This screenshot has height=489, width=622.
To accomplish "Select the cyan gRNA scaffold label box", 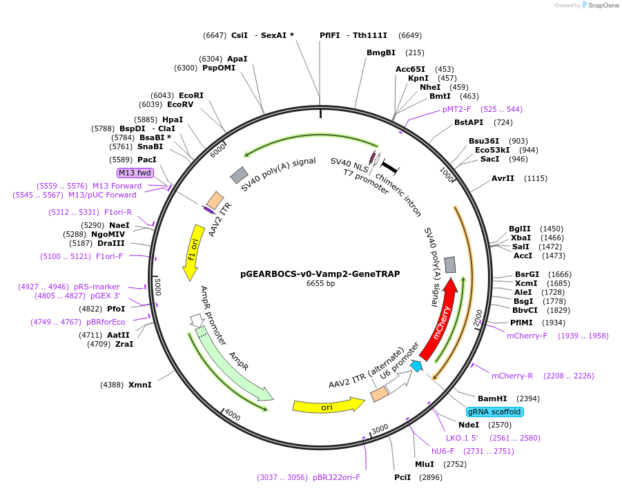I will [494, 412].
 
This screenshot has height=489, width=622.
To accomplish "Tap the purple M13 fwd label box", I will [135, 173].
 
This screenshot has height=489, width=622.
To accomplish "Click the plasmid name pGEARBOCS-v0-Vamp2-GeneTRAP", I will [320, 274].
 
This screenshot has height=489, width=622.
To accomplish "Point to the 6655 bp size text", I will [320, 283].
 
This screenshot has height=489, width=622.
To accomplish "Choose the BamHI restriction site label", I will [492, 399].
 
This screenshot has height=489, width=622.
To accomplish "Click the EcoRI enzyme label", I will [191, 95].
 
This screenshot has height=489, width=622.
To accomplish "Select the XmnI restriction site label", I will [140, 384].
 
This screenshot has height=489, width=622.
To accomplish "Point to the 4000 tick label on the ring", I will [232, 415].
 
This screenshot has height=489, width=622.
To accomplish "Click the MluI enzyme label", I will [425, 464].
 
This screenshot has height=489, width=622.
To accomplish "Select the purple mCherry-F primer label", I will [527, 336].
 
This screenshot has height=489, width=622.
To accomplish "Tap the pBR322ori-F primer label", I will [336, 477].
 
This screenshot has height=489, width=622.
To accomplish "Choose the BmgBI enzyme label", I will [381, 52].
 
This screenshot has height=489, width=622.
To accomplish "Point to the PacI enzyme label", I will [146, 160].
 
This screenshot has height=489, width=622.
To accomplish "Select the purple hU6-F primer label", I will [445, 450].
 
